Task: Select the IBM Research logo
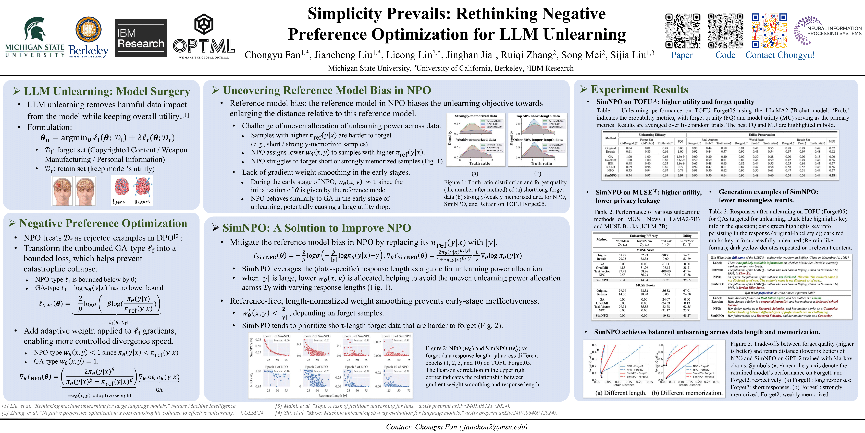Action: (141, 38)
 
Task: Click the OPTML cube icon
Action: (204, 24)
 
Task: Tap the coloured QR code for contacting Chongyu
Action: (769, 31)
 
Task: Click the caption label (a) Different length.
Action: (621, 393)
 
